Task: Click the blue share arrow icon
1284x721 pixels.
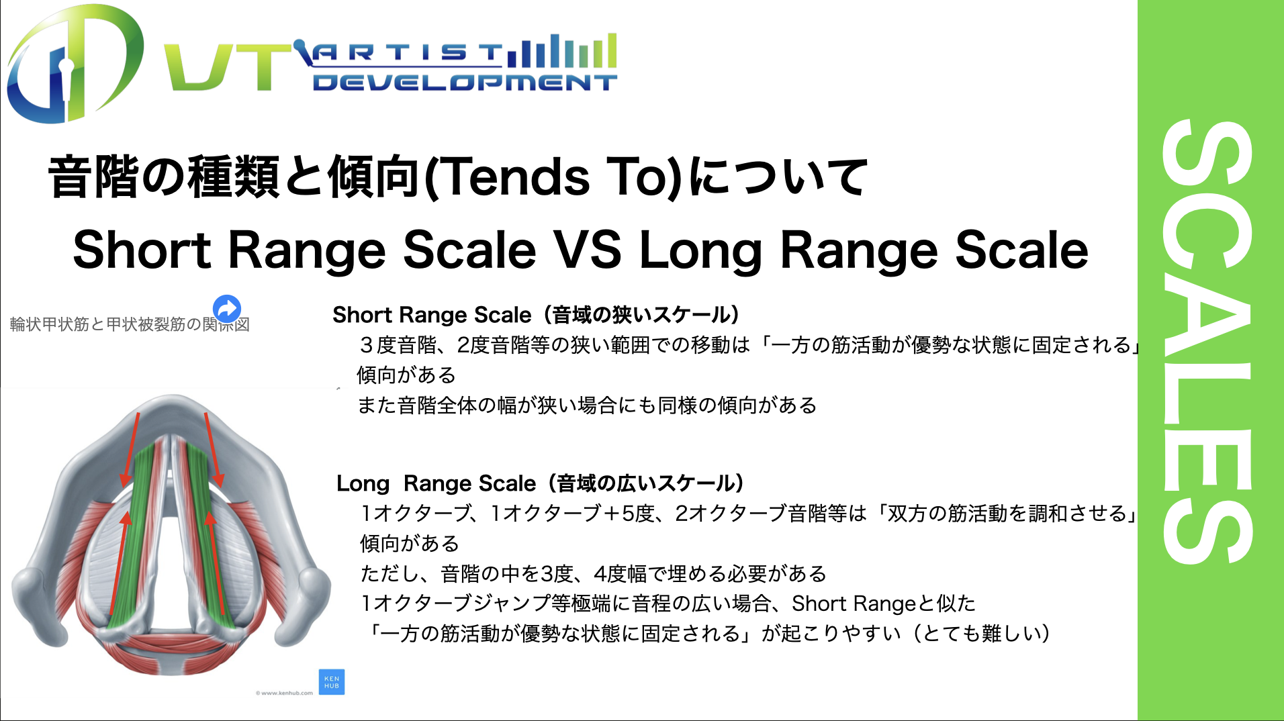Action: click(227, 309)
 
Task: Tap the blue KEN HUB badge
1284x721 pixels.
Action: click(332, 682)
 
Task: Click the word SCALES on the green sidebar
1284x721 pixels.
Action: click(1209, 342)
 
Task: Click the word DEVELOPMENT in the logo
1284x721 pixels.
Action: click(465, 83)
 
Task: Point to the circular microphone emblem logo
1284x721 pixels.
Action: click(74, 64)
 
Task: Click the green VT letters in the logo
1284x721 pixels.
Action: click(228, 66)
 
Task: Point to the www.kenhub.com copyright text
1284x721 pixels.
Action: click(284, 693)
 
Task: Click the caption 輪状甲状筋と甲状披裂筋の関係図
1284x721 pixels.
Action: click(130, 324)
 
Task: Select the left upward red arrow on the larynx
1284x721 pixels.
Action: click(119, 563)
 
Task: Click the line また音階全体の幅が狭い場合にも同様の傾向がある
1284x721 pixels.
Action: click(587, 405)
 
